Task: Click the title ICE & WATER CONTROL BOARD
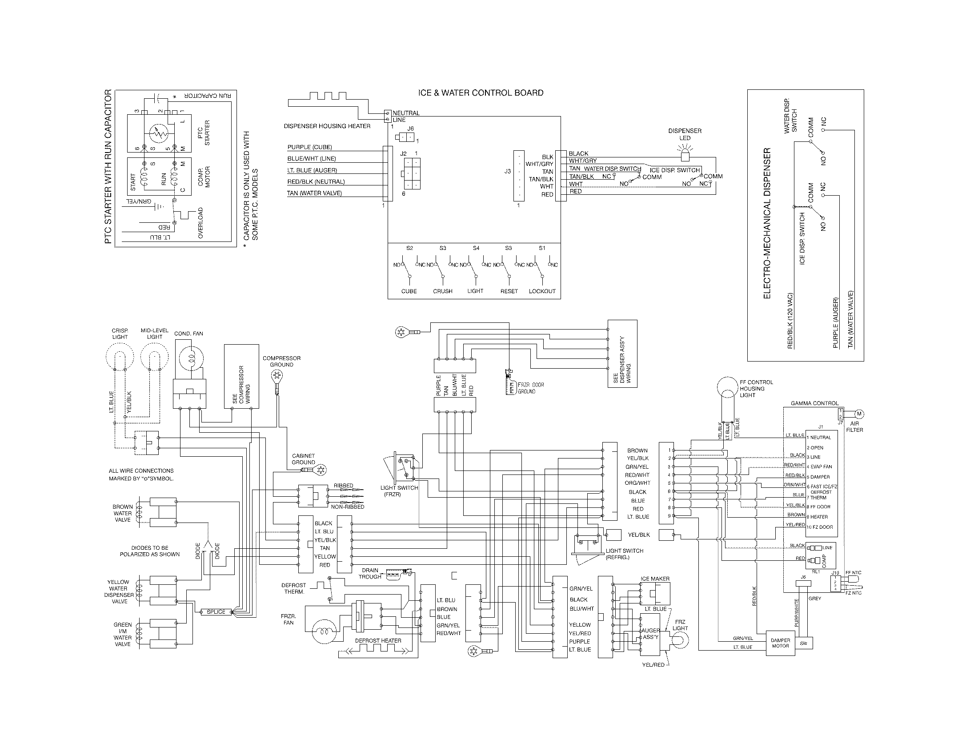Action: click(481, 92)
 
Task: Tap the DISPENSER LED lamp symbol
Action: click(685, 156)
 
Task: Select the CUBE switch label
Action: click(409, 291)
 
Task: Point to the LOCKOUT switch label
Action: click(542, 291)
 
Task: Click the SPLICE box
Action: click(216, 612)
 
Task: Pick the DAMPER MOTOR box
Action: click(780, 643)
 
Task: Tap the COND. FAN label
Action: click(188, 334)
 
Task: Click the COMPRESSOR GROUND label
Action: click(281, 362)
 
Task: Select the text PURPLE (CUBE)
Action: click(309, 147)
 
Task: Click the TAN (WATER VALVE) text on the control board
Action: click(314, 193)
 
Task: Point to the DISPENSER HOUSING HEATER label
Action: click(327, 126)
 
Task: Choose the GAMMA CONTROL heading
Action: click(814, 403)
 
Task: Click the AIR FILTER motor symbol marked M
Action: click(859, 414)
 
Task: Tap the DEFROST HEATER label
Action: click(378, 641)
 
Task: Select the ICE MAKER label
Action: click(655, 579)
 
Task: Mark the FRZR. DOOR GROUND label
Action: click(531, 388)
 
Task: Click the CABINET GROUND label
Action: click(303, 459)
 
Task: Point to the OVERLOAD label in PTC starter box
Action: click(200, 223)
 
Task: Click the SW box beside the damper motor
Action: click(803, 643)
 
